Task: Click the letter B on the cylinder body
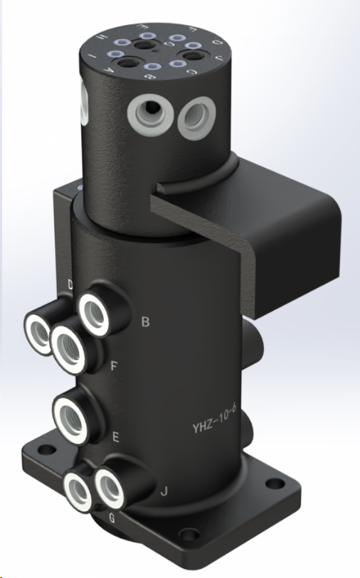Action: pos(145,322)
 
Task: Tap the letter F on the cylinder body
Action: pos(115,367)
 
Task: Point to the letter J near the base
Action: pos(164,491)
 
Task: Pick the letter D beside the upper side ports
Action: pos(70,285)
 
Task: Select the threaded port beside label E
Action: pos(71,417)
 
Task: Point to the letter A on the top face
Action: pos(107,70)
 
